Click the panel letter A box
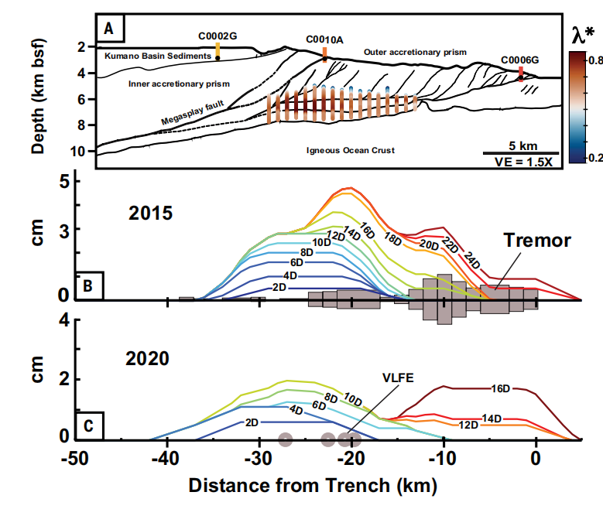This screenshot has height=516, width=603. point(111,30)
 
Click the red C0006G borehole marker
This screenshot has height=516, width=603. point(520,73)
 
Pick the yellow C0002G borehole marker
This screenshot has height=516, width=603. point(218,49)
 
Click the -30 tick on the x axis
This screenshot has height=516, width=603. point(256,459)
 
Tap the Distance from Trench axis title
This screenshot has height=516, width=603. point(312,487)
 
